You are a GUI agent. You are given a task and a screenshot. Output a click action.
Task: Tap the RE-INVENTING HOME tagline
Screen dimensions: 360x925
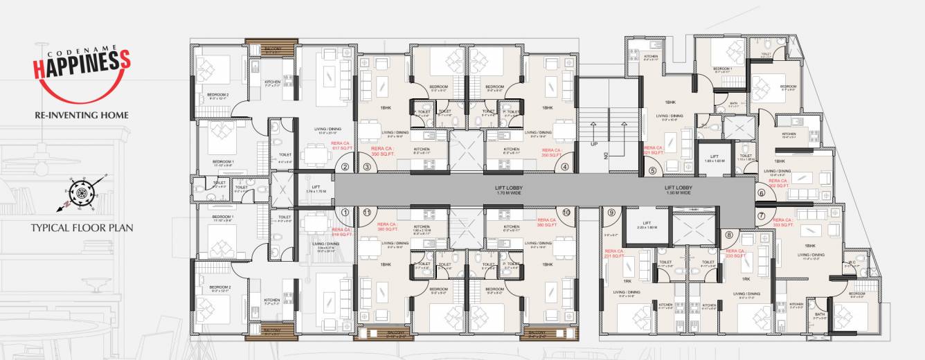(82, 115)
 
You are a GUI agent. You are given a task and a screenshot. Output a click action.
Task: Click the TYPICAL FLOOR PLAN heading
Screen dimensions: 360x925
(82, 227)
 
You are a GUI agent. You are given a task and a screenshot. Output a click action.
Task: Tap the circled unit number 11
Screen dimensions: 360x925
(368, 213)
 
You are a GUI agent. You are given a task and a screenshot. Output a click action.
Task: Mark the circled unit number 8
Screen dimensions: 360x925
(728, 235)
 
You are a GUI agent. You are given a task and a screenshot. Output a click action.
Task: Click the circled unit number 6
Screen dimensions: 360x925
(762, 194)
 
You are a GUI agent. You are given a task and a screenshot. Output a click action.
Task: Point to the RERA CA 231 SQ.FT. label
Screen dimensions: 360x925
(614, 253)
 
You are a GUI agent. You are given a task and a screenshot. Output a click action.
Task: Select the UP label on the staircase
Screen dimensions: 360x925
(593, 144)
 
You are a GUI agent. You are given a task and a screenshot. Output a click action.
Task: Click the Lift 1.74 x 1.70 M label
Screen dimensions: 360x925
(314, 188)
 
